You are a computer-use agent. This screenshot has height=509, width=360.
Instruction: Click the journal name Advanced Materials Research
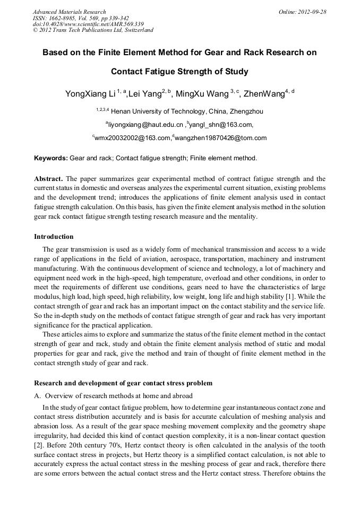[x=69, y=12]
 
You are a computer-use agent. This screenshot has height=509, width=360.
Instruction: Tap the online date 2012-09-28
[x=313, y=12]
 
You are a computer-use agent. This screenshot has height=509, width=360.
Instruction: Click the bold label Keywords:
[x=51, y=158]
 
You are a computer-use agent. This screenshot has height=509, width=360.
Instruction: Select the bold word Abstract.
[x=48, y=179]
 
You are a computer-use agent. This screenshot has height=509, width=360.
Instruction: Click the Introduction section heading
[x=54, y=237]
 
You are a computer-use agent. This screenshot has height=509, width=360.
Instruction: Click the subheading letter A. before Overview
[x=37, y=396]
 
